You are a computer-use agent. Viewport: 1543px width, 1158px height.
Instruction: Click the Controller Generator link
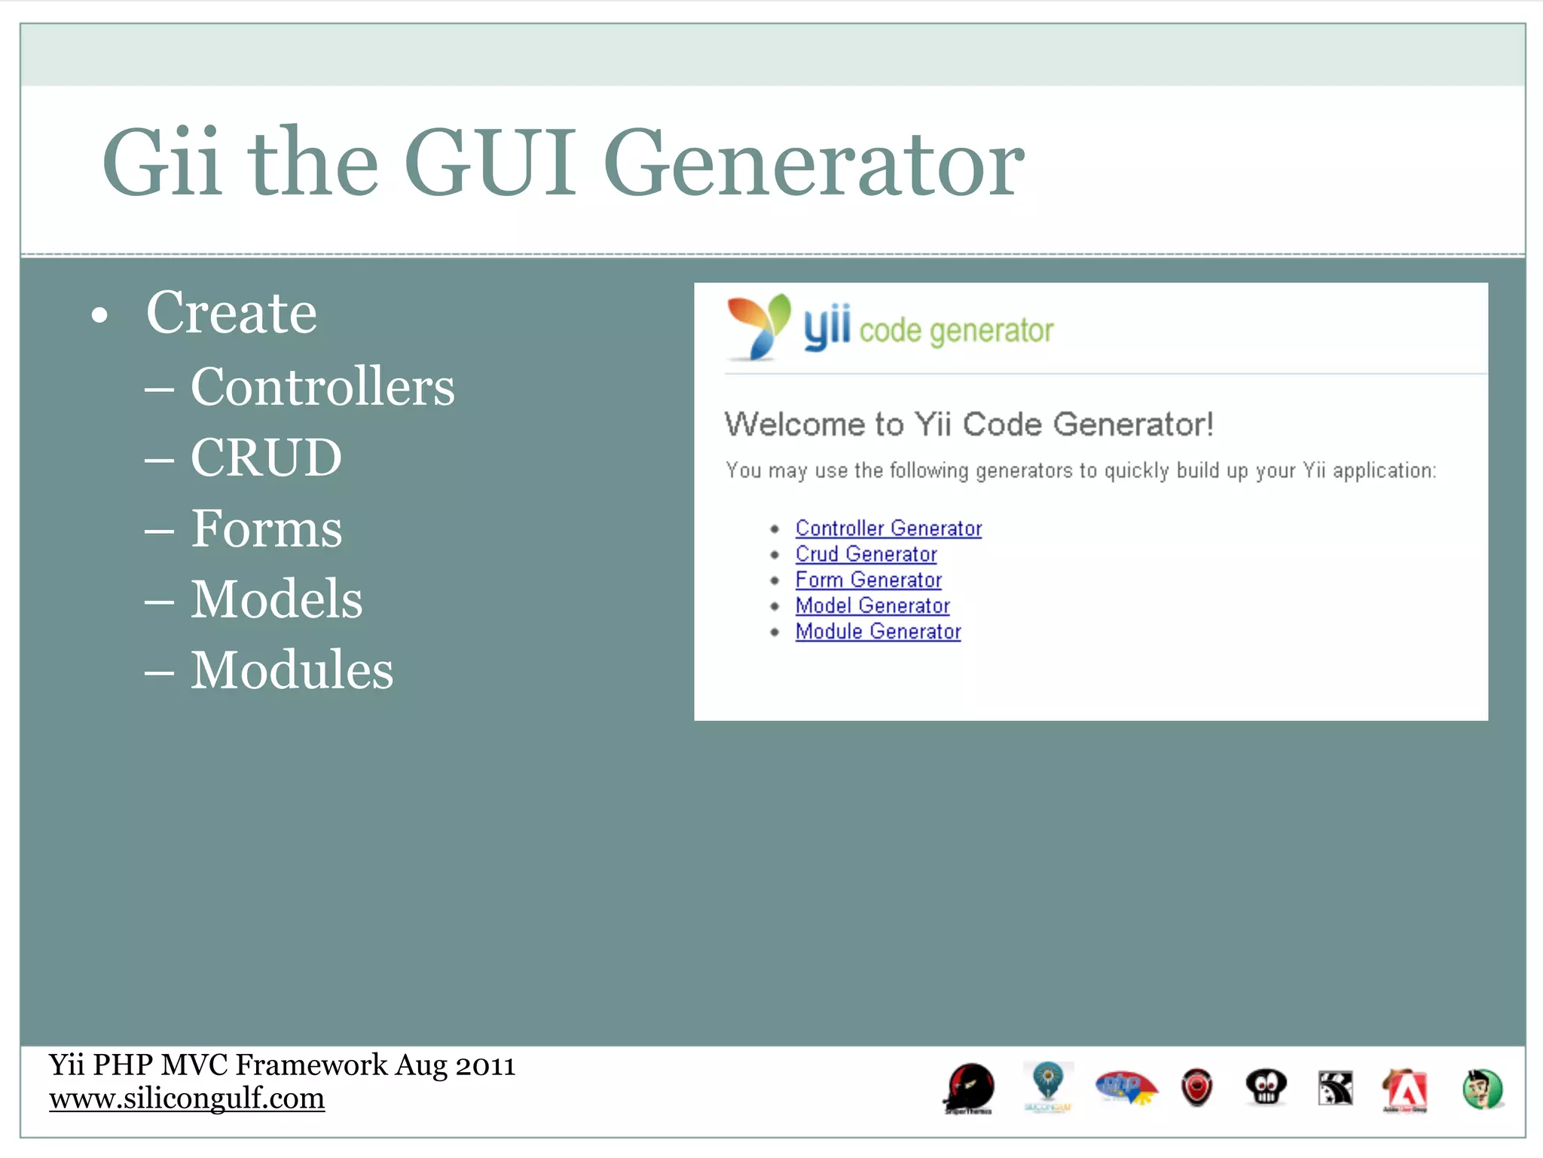click(x=888, y=528)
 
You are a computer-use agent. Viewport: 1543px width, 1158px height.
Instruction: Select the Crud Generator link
click(x=866, y=554)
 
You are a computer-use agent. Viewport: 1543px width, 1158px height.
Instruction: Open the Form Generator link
click(x=868, y=580)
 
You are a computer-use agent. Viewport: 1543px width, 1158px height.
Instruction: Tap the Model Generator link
click(x=872, y=605)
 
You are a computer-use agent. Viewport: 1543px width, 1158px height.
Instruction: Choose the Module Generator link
click(x=878, y=631)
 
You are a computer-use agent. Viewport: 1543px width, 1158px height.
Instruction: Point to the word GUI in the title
click(x=490, y=162)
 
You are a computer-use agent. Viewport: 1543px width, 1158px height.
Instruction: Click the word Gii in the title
click(x=162, y=162)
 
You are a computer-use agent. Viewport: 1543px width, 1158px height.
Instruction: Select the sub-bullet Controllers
click(x=322, y=387)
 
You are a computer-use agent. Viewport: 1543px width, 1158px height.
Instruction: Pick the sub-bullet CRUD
click(x=266, y=458)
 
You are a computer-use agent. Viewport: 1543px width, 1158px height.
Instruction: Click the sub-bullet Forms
click(x=266, y=528)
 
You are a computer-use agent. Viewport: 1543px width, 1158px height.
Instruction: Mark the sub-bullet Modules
click(x=292, y=669)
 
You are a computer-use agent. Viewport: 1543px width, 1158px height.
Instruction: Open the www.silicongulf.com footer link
click(x=187, y=1098)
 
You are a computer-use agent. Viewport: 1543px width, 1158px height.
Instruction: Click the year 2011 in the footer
click(x=485, y=1065)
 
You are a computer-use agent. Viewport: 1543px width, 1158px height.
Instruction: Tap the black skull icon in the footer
click(x=1266, y=1088)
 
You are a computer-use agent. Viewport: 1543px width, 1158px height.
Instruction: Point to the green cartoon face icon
click(x=1483, y=1089)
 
